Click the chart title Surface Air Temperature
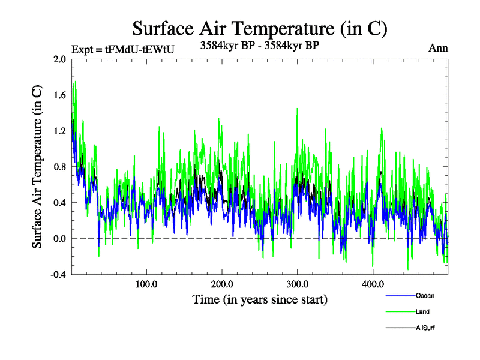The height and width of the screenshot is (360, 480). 259,28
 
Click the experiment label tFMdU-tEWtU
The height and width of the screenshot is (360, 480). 122,50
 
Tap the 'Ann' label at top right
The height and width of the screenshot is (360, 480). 438,49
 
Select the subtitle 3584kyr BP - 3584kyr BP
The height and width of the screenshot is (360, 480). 259,45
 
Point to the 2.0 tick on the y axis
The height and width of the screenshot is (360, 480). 60,59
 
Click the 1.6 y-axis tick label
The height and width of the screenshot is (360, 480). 60,95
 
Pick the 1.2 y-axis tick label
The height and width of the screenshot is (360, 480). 60,131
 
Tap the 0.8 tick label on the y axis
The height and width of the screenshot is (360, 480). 60,167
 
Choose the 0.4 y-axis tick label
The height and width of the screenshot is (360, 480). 60,203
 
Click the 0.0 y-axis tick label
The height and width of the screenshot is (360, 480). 60,239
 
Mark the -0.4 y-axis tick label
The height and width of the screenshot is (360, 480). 58,275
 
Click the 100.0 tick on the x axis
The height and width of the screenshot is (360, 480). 146,284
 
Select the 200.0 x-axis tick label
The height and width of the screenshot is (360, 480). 222,284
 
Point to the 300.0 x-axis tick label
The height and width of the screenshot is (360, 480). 298,284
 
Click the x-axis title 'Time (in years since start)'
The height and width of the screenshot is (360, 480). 259,298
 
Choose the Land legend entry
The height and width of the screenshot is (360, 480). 422,312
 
